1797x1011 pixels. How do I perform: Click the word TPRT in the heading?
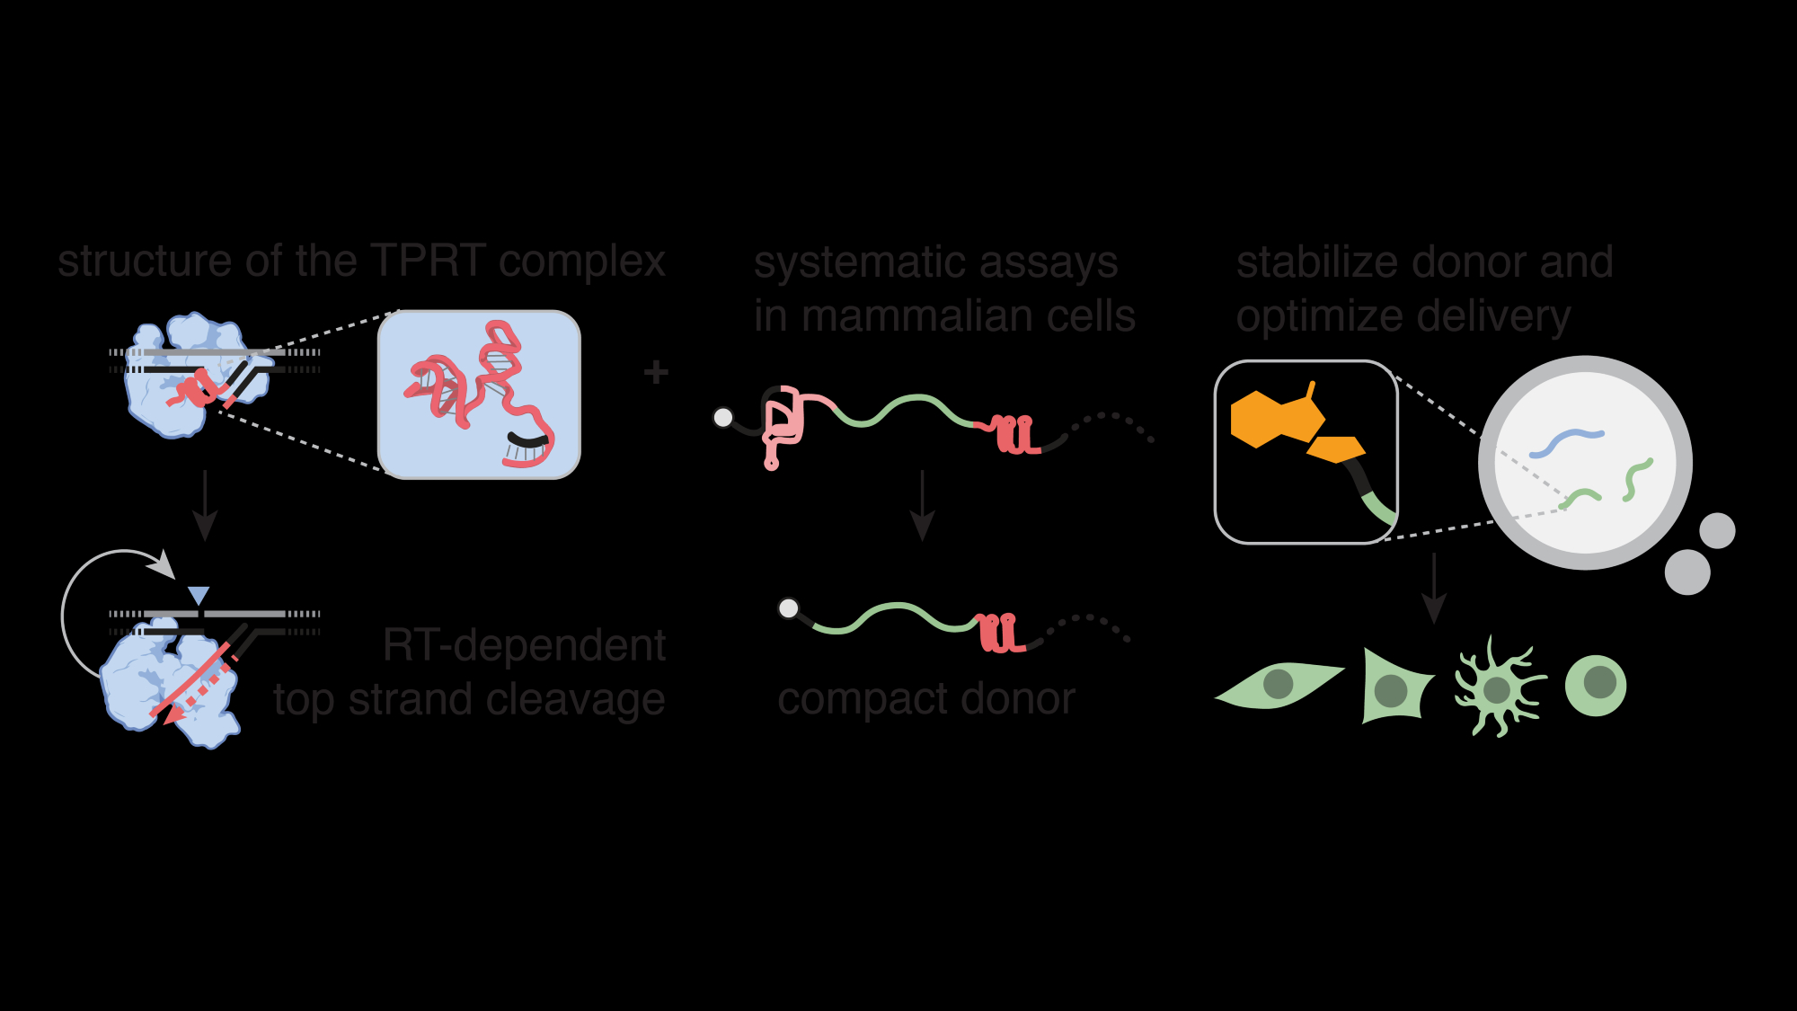[x=428, y=262]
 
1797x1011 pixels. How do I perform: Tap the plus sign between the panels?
[x=656, y=372]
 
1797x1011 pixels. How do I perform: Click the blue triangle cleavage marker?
[x=199, y=596]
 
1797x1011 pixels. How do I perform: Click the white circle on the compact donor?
[x=789, y=608]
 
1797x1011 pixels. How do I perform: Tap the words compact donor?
[x=926, y=700]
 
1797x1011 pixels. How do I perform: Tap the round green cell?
[x=1597, y=685]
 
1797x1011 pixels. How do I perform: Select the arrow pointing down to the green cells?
[x=1434, y=589]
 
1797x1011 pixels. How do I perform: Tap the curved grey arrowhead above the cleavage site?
[x=163, y=565]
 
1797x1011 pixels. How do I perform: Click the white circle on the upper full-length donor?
[x=723, y=417]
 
